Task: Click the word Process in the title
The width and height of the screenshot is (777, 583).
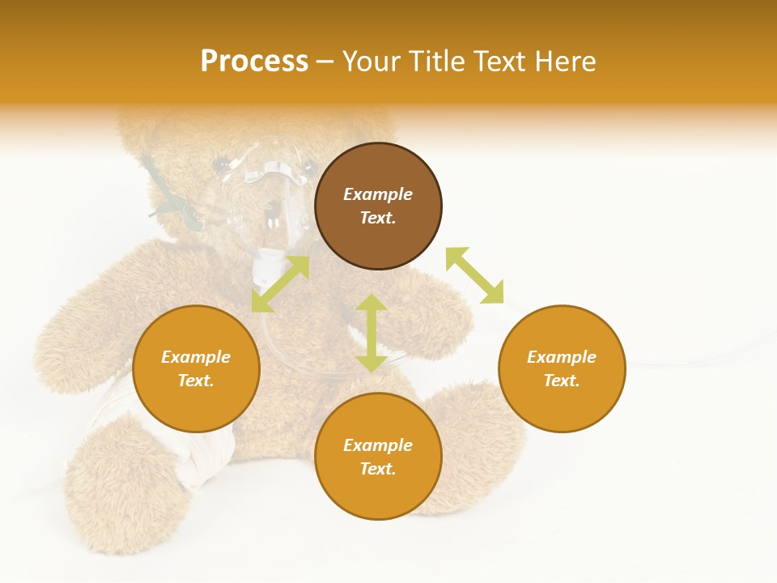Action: coord(254,62)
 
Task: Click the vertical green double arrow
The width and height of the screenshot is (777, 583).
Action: coord(372,333)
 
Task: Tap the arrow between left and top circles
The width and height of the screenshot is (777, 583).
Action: coord(280,284)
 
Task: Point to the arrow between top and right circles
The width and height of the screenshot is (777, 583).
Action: coord(474,275)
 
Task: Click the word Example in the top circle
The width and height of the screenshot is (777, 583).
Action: coord(378,194)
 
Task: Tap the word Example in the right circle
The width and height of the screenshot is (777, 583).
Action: coord(562,357)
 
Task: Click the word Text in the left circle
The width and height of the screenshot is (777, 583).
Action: coord(195,381)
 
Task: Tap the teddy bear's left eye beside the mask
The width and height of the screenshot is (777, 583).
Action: coord(220,165)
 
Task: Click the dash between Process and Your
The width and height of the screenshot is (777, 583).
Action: coord(325,62)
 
